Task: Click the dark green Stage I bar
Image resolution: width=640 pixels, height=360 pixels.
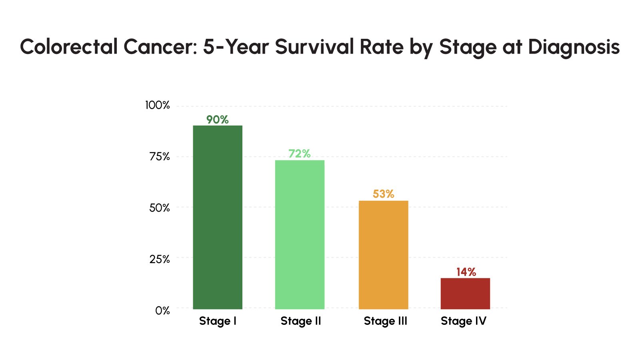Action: [x=218, y=217]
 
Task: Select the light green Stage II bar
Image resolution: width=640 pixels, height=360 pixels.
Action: [x=300, y=234]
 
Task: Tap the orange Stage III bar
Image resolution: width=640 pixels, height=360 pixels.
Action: [x=383, y=255]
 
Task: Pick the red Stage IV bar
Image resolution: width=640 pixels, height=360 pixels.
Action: [x=465, y=293]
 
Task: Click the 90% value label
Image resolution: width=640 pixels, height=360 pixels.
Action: [x=218, y=120]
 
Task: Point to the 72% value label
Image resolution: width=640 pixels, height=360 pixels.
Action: [x=300, y=154]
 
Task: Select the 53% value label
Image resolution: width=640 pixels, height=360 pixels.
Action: [x=383, y=194]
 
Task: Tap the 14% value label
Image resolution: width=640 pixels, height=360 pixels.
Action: [x=466, y=272]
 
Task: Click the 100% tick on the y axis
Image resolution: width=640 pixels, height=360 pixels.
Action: [x=157, y=105]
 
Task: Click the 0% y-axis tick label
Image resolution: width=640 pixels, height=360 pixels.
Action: [x=162, y=310]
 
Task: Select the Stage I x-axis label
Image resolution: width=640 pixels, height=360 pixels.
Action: [x=218, y=321]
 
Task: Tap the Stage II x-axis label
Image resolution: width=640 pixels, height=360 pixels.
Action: [x=301, y=321]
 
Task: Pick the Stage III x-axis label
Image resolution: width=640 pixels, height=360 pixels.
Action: [x=385, y=321]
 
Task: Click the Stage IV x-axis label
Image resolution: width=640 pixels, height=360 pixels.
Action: [x=464, y=321]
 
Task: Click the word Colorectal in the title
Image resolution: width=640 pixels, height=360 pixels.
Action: [x=69, y=47]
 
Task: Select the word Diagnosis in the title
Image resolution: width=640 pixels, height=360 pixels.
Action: [x=574, y=48]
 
